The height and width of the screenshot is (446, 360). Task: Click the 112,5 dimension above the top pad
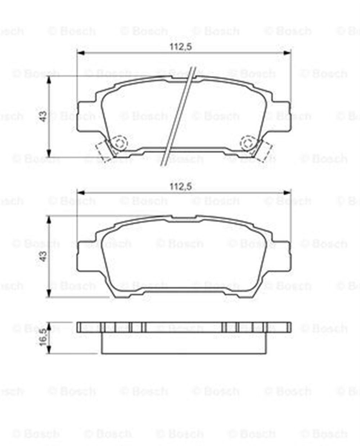click(181, 47)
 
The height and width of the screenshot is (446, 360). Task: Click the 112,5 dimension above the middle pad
click(181, 187)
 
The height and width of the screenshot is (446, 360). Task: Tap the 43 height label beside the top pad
click(43, 116)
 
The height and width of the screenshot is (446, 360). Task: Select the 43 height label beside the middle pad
click(43, 256)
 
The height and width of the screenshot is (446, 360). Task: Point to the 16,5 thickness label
click(43, 337)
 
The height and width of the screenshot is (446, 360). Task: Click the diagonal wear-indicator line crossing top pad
click(178, 116)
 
